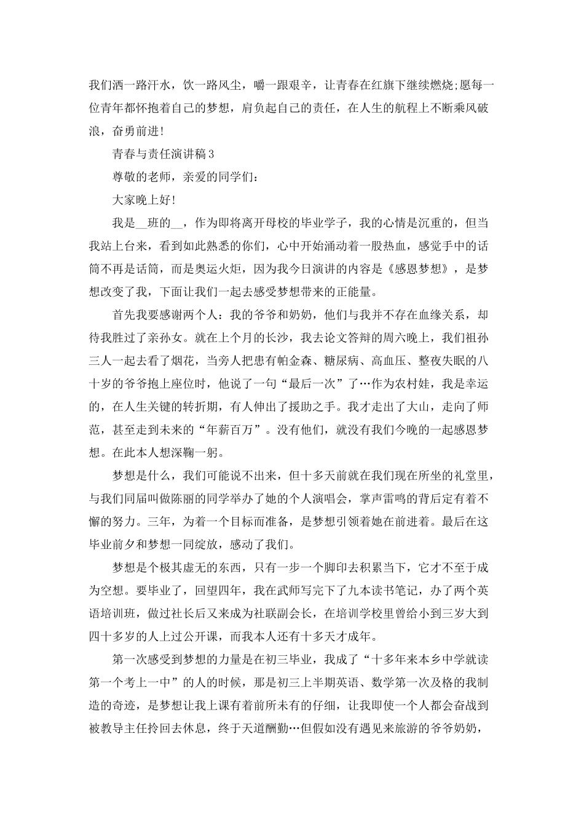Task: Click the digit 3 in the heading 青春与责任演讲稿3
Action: click(210, 153)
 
